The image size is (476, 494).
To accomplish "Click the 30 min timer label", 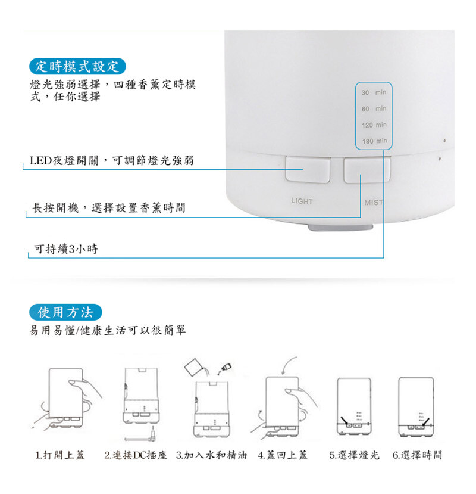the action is click(374, 92).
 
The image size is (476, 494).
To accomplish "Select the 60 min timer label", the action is click(374, 108).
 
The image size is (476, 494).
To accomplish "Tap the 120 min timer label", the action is click(374, 125).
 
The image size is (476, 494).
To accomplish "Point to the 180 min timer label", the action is click(374, 141).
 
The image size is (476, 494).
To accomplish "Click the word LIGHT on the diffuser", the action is click(302, 201).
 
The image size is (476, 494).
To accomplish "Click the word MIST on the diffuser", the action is click(374, 203).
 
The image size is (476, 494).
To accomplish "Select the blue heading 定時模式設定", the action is click(77, 67).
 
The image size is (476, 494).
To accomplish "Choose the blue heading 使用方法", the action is click(65, 312).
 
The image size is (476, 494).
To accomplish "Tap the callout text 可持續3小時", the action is click(66, 249).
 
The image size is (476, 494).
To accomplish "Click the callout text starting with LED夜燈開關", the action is click(112, 161).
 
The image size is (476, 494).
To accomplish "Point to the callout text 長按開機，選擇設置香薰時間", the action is click(109, 207).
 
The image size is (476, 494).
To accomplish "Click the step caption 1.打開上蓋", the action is click(59, 455).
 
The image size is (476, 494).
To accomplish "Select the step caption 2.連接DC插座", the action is click(136, 455).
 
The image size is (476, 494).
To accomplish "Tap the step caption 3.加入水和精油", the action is click(211, 455).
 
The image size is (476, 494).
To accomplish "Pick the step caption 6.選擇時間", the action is click(418, 455).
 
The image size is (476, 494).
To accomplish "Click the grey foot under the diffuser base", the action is click(340, 228).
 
